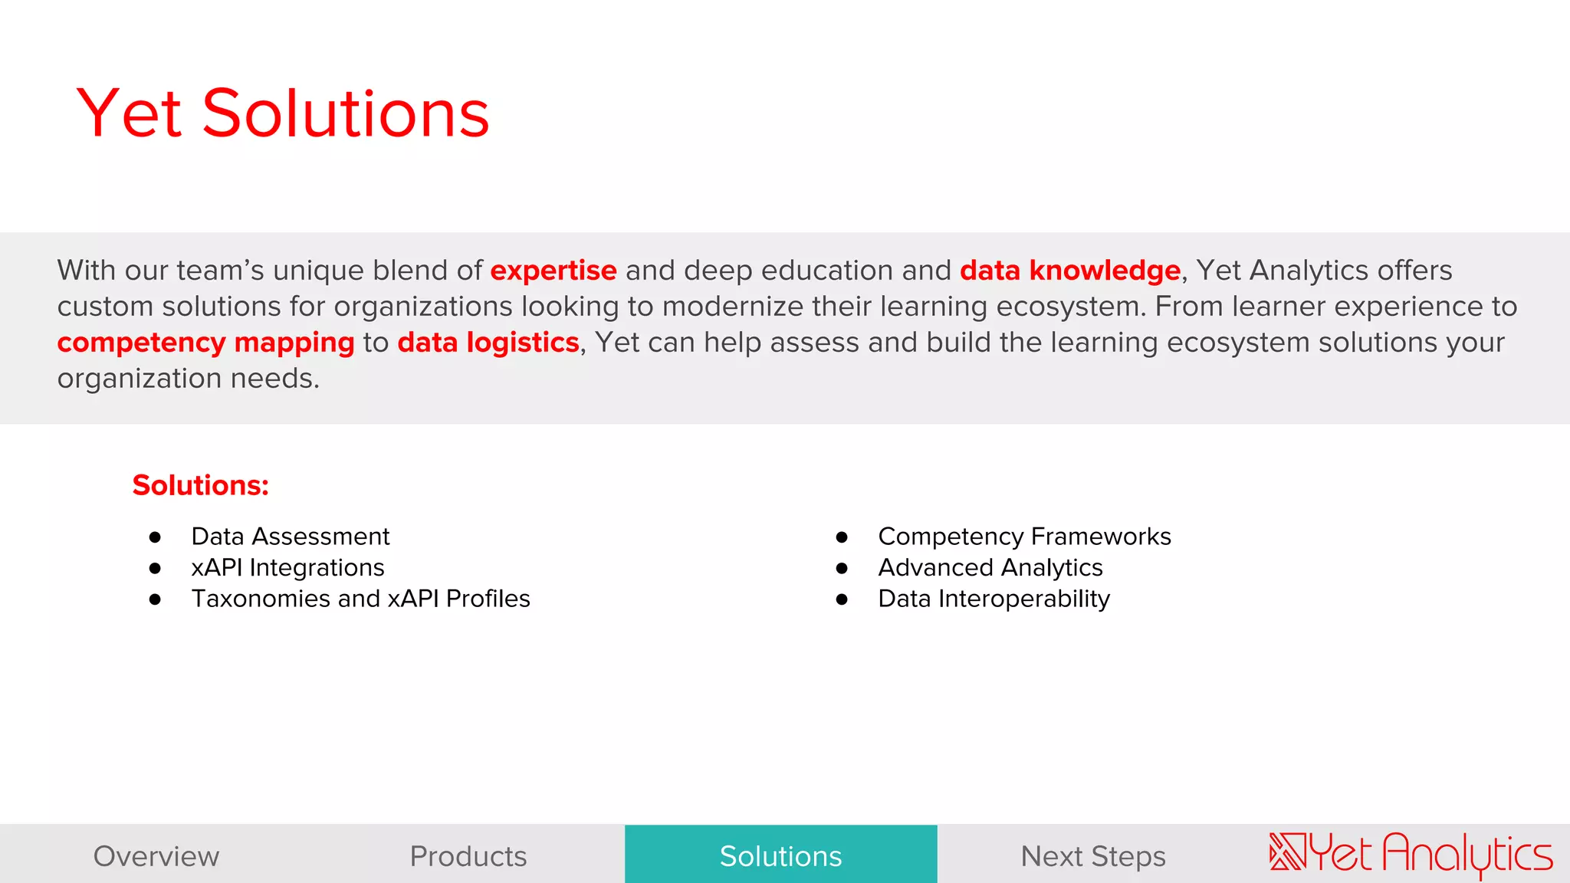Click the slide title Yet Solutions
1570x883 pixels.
pyautogui.click(x=282, y=113)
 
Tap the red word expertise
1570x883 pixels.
pyautogui.click(x=553, y=271)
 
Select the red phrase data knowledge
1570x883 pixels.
pyautogui.click(x=1069, y=271)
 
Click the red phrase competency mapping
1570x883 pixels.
pyautogui.click(x=205, y=343)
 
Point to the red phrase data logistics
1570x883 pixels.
pyautogui.click(x=488, y=343)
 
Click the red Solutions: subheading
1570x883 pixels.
pyautogui.click(x=200, y=485)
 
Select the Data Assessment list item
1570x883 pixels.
pyautogui.click(x=290, y=537)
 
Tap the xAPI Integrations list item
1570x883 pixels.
pyautogui.click(x=287, y=568)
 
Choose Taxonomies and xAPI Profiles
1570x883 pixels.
pyautogui.click(x=360, y=599)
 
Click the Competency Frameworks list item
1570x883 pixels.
pyautogui.click(x=1024, y=537)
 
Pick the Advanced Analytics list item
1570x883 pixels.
pyautogui.click(x=990, y=568)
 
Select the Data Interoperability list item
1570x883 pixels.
pyautogui.click(x=994, y=599)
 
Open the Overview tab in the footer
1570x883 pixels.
pyautogui.click(x=156, y=856)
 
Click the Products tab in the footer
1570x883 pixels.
pyautogui.click(x=468, y=856)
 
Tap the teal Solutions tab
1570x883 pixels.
pyautogui.click(x=780, y=856)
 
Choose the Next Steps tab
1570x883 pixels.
pyautogui.click(x=1093, y=856)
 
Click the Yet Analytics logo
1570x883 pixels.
pyautogui.click(x=1411, y=854)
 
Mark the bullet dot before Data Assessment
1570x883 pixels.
pyautogui.click(x=155, y=537)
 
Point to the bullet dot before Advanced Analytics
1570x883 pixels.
pyautogui.click(x=842, y=569)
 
